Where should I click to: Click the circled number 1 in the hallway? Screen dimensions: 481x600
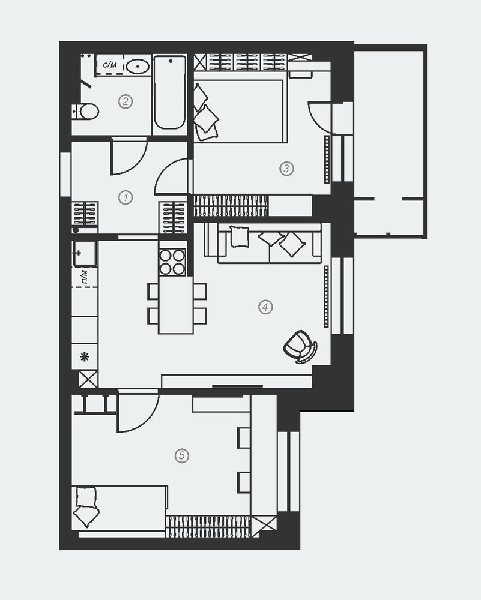126,198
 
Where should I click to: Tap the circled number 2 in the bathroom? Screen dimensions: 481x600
126,102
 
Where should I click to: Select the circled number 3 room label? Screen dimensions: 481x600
286,169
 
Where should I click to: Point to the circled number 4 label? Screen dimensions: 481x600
265,307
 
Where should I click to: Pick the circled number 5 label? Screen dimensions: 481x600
181,456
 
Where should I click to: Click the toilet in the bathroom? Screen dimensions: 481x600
85,112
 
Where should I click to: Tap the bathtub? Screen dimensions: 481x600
170,92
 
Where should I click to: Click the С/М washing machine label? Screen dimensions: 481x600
110,65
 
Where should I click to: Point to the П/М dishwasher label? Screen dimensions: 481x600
84,277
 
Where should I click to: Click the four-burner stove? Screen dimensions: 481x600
172,263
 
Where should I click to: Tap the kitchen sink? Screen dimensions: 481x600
85,253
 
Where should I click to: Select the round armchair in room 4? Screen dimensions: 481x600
300,347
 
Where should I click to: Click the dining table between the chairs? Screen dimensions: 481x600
176,305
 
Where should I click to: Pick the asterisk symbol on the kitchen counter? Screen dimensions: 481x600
84,357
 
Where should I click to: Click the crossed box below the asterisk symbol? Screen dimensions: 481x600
88,380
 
